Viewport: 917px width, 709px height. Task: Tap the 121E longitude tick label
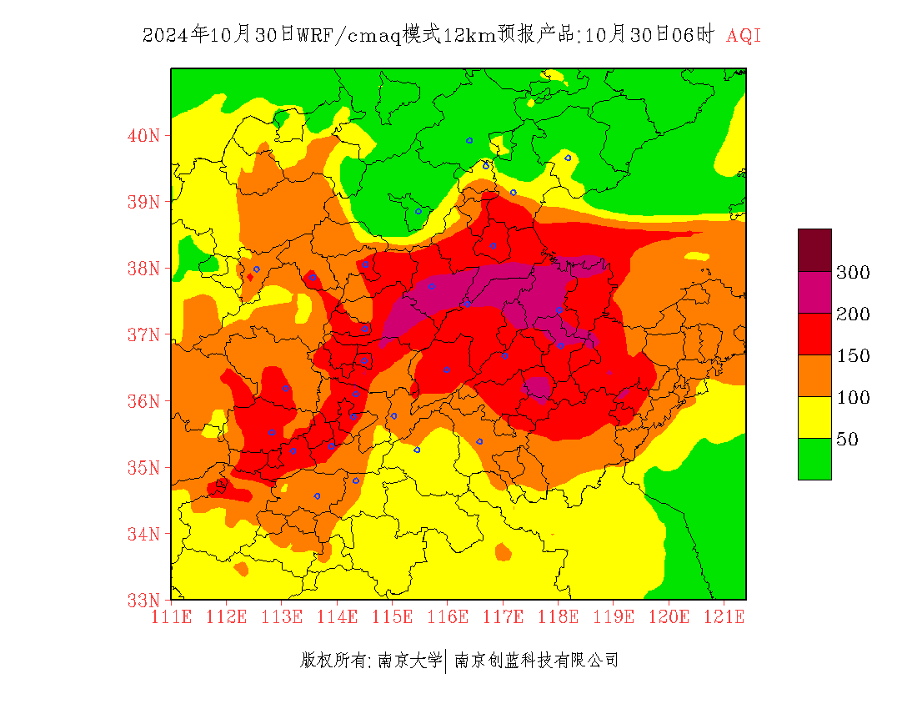tap(724, 617)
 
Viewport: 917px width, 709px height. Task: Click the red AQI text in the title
tap(744, 36)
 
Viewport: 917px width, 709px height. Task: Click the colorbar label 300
tap(854, 273)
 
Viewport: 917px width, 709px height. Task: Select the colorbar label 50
tap(848, 440)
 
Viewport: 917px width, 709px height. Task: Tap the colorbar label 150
tap(854, 356)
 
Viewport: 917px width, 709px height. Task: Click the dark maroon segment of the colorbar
tap(814, 249)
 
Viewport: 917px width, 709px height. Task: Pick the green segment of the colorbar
tap(814, 459)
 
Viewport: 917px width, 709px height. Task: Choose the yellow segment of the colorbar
tap(814, 417)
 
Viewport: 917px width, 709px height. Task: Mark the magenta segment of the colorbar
tap(814, 292)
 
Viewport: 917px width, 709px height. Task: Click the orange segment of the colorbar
tap(814, 375)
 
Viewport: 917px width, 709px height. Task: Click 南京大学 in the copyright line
tap(409, 661)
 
